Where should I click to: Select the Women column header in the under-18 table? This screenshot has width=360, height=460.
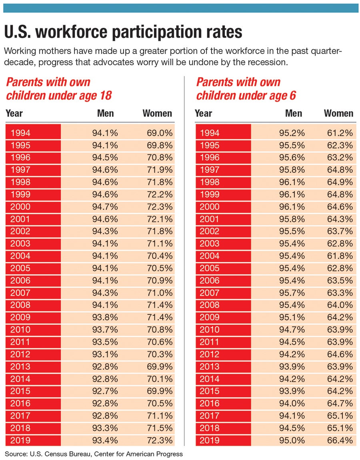[157, 113]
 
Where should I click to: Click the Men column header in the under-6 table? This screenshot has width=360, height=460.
[294, 113]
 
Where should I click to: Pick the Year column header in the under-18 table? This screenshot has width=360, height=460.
[14, 113]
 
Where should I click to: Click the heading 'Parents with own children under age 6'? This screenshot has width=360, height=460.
[246, 89]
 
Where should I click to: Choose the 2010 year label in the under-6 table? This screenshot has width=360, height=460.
[209, 330]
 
